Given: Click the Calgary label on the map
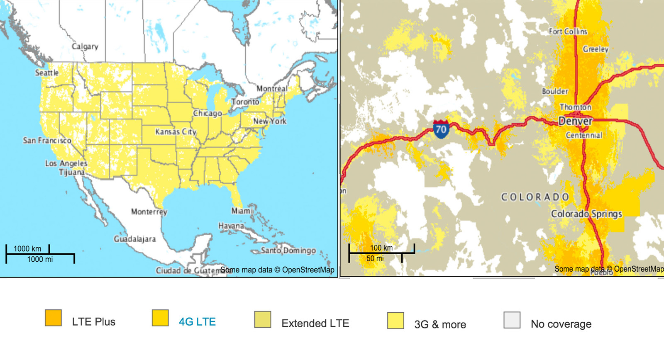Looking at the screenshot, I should click(x=85, y=46).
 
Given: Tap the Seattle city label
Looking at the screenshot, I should click(x=46, y=73).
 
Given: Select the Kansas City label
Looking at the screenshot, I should click(x=176, y=132).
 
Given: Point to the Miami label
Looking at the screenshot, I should click(x=242, y=211).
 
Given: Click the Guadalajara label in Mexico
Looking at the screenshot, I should click(x=135, y=239).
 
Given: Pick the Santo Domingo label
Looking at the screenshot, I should click(x=288, y=251).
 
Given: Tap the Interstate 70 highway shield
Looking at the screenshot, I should click(x=441, y=129).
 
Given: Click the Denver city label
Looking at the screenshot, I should click(x=576, y=121).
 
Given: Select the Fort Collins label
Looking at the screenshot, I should click(x=568, y=32).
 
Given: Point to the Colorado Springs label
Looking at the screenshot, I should click(x=586, y=214).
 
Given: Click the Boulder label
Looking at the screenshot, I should click(x=555, y=91).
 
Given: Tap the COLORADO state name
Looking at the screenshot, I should click(x=535, y=197).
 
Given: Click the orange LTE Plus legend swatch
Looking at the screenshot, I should click(x=53, y=318).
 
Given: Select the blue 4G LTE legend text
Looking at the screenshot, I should click(x=197, y=322).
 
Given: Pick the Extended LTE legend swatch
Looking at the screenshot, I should click(x=262, y=320).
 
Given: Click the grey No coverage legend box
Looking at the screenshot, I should click(x=512, y=320).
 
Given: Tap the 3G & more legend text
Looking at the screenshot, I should click(x=440, y=324).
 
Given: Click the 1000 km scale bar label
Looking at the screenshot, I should click(x=27, y=249).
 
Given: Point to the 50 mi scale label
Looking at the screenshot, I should click(x=375, y=258).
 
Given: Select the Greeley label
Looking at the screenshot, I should click(x=596, y=49).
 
